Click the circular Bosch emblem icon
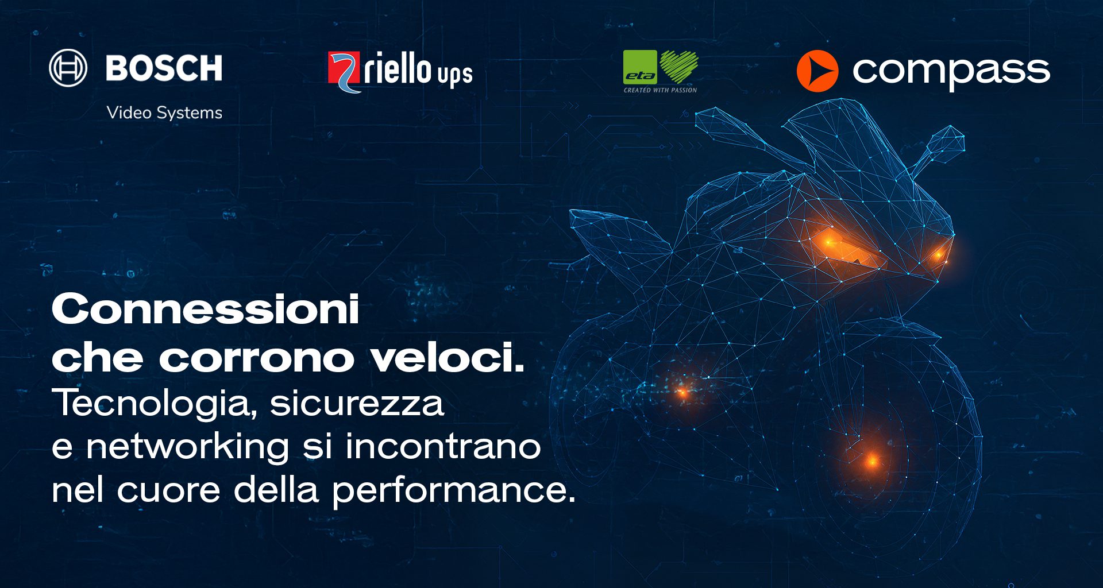click(x=68, y=68)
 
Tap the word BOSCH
click(x=164, y=68)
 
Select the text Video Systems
click(x=164, y=113)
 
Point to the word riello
click(x=398, y=68)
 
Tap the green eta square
click(x=640, y=68)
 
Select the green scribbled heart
click(x=679, y=67)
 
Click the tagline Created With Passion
click(x=661, y=90)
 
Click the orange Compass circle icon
click(x=817, y=71)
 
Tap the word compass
click(x=951, y=72)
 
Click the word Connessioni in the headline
click(x=206, y=309)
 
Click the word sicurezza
click(x=357, y=403)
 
